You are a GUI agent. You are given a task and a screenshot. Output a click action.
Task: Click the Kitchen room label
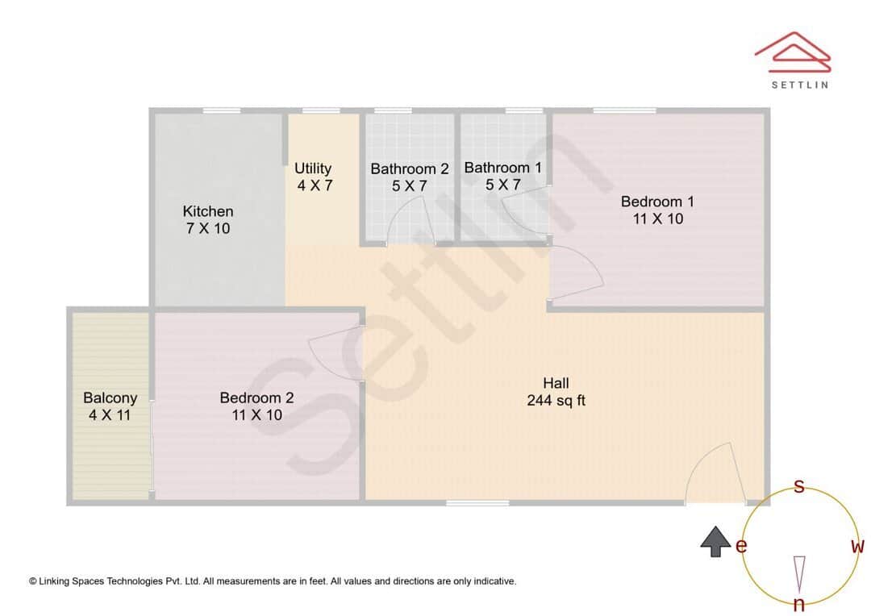(x=208, y=211)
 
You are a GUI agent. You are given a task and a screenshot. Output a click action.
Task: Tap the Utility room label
(x=313, y=168)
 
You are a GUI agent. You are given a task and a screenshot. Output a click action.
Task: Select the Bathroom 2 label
(x=410, y=169)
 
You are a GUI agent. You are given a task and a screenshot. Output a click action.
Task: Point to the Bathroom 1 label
(x=503, y=168)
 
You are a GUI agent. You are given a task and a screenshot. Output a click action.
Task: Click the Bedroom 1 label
(x=657, y=201)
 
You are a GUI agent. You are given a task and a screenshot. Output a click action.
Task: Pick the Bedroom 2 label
(x=256, y=397)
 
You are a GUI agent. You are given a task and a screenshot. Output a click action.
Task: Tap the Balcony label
(x=110, y=397)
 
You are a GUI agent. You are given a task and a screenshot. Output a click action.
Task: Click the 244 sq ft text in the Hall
(x=556, y=400)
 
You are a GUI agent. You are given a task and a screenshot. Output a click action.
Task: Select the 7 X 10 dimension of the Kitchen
(x=208, y=229)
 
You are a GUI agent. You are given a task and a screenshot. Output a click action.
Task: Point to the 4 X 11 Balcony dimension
(x=110, y=415)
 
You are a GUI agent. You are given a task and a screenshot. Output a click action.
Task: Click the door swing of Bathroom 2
(x=411, y=223)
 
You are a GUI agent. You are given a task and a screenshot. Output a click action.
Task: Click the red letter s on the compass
(x=798, y=486)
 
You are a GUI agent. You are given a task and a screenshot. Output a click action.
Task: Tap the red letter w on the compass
(x=857, y=547)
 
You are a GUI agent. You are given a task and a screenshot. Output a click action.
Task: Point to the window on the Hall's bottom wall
(x=478, y=503)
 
